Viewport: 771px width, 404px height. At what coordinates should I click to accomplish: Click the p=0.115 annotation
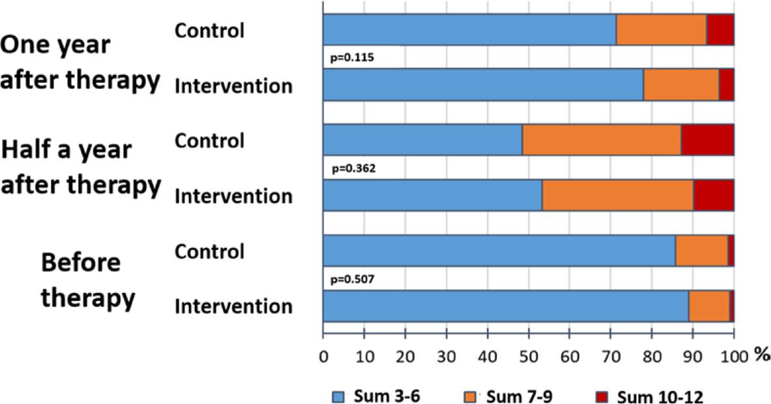click(352, 57)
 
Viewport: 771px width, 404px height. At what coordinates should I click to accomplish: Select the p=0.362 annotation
click(352, 168)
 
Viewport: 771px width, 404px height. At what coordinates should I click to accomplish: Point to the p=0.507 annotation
click(352, 279)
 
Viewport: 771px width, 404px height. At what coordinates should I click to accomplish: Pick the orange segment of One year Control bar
click(661, 30)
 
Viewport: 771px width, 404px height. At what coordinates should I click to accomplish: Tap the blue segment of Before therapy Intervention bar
click(506, 306)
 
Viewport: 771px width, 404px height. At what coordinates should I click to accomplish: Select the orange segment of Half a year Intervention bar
click(618, 195)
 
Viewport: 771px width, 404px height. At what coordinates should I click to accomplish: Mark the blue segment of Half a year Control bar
click(423, 140)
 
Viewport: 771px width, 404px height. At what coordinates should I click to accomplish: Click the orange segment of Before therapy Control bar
click(701, 251)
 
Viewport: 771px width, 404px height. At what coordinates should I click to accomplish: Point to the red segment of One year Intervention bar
click(726, 85)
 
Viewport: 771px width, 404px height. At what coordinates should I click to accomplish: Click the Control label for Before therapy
click(209, 251)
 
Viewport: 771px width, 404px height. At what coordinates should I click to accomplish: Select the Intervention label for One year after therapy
click(233, 85)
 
